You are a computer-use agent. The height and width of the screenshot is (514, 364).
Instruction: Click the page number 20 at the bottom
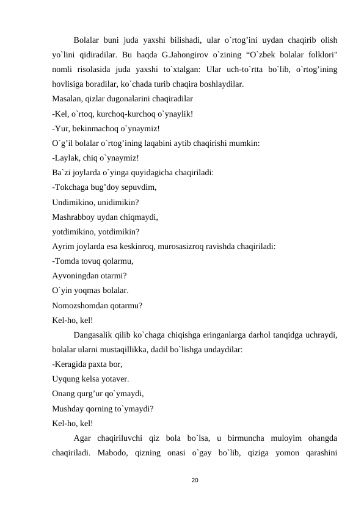[195, 481]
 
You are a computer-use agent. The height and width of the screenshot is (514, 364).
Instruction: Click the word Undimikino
[75, 202]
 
